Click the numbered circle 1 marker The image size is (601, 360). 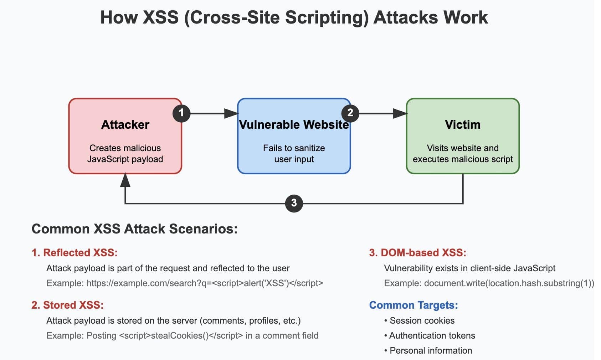(181, 113)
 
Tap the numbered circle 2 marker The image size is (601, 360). (350, 113)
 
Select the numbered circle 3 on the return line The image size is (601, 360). (294, 203)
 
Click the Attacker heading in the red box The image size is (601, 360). (125, 124)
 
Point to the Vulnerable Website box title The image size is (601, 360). (294, 124)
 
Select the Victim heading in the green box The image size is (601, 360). (462, 124)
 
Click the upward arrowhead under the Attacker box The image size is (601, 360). (125, 180)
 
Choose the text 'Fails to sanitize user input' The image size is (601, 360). (294, 153)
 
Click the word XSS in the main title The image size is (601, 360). (160, 17)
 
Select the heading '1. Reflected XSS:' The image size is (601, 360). (75, 253)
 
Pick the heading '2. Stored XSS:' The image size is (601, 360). (67, 305)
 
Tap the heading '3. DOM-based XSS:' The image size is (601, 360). (417, 253)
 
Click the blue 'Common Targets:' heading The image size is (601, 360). (413, 305)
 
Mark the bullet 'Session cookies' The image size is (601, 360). (422, 320)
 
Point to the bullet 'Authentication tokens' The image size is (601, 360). (432, 335)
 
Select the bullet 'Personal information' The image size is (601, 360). (431, 350)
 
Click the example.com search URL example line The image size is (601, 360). (185, 283)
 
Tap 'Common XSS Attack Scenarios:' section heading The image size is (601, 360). (134, 229)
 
